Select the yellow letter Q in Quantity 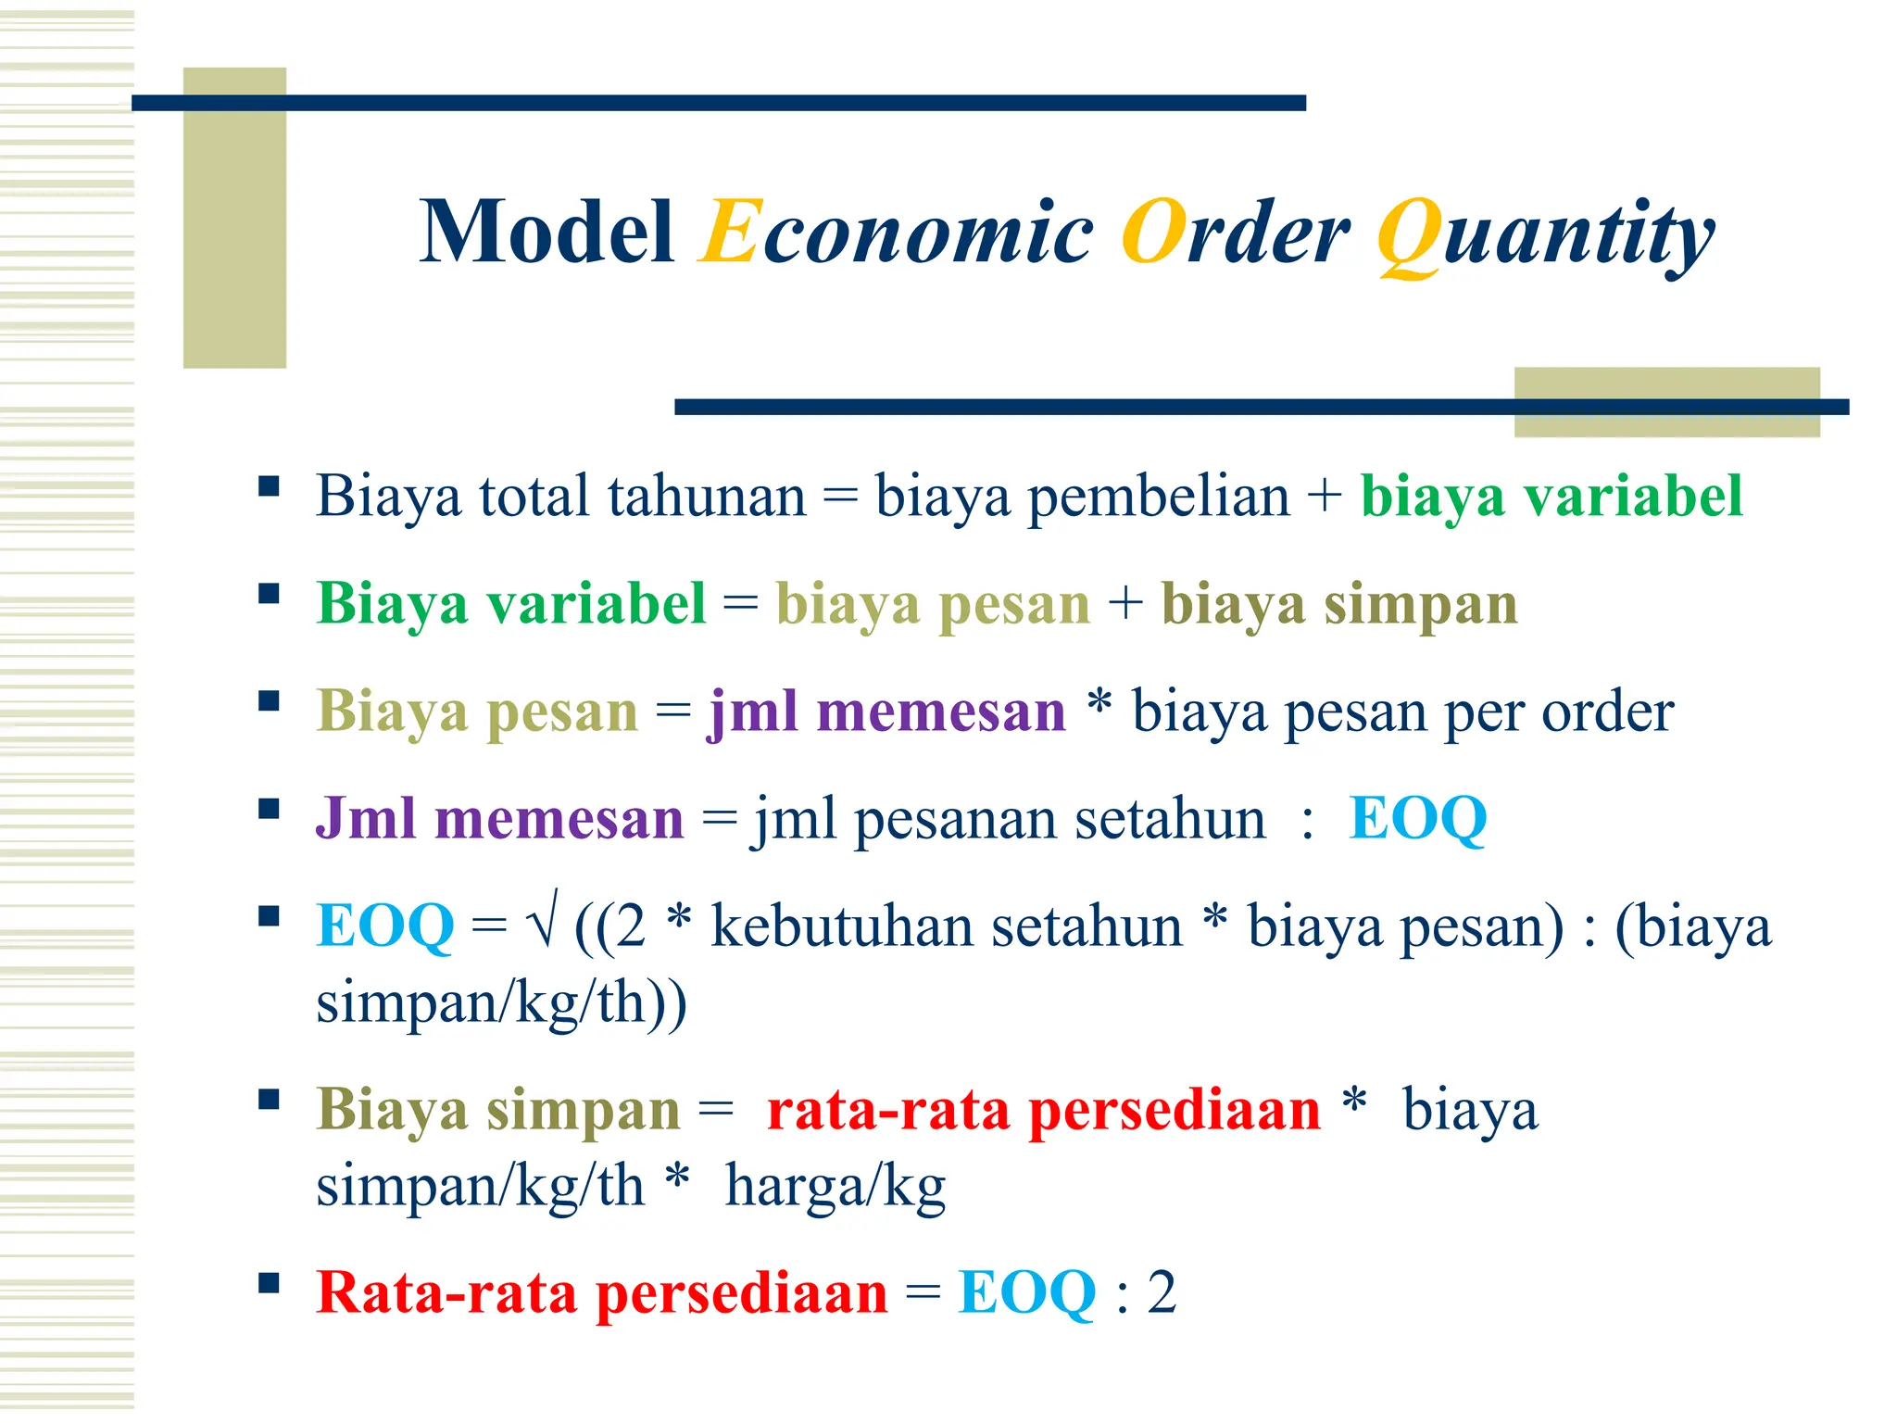tap(1408, 236)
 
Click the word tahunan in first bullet tap(707, 497)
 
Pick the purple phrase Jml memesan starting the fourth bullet tap(499, 819)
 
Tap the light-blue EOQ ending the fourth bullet tap(1417, 819)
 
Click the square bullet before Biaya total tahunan tap(269, 486)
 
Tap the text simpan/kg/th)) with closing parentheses tap(501, 1002)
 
